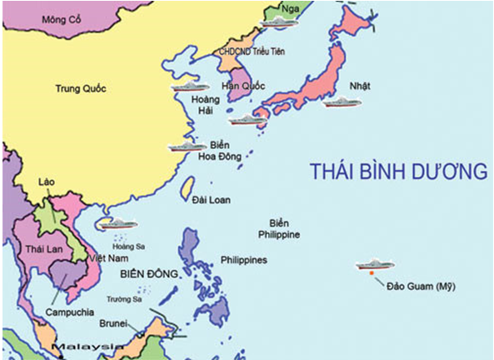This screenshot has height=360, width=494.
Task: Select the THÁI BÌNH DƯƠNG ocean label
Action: (x=397, y=172)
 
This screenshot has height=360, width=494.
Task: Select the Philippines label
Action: (x=243, y=260)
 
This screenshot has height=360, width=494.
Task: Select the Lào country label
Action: (x=47, y=181)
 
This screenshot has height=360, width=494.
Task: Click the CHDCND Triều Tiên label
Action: (x=250, y=51)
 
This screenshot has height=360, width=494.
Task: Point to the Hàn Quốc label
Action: (x=242, y=86)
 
